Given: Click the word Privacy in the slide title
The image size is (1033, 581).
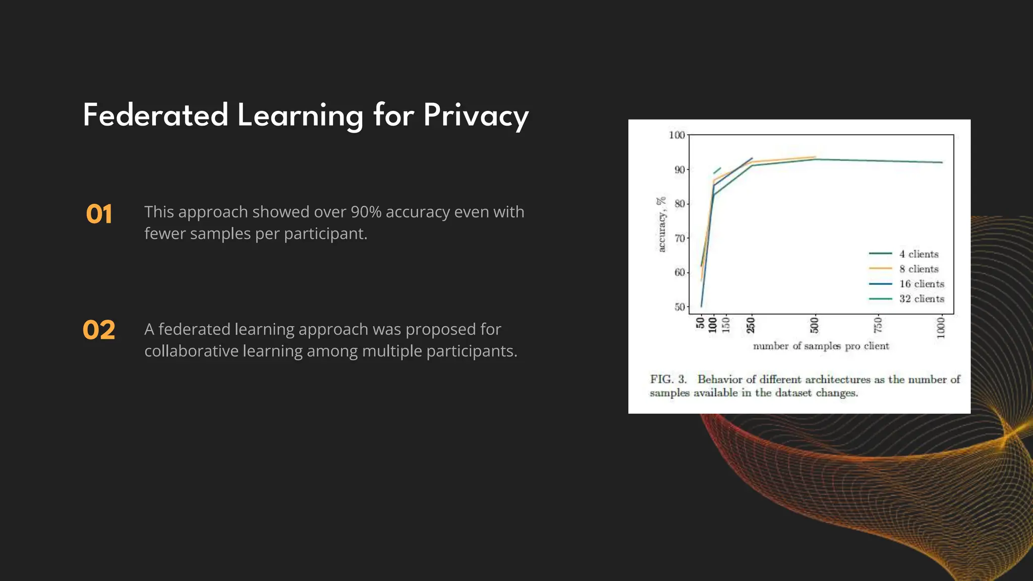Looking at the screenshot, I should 476,116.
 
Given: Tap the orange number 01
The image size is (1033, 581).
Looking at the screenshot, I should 99,214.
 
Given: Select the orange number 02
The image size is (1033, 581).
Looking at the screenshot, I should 99,330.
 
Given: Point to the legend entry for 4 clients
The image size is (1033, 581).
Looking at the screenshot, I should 918,254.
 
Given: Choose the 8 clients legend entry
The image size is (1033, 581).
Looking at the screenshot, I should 918,269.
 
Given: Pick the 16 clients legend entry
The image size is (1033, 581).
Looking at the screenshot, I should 921,284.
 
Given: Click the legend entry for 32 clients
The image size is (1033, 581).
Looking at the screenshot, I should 921,299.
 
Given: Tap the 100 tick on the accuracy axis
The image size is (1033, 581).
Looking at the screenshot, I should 676,135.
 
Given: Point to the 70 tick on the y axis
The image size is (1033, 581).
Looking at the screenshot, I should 679,238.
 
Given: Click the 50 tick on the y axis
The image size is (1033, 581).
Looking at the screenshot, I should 679,307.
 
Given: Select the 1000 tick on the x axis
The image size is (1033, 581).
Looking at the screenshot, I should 941,328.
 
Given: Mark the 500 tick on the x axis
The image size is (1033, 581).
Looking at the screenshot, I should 815,325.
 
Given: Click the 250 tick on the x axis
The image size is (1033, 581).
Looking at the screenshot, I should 751,325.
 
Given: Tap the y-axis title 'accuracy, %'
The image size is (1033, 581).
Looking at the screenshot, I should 661,224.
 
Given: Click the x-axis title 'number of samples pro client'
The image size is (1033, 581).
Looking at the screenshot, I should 821,346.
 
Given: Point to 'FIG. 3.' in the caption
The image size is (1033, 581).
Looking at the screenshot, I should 668,379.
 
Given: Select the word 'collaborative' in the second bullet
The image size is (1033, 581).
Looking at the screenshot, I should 191,351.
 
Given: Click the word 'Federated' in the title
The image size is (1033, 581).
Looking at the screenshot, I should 155,116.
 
